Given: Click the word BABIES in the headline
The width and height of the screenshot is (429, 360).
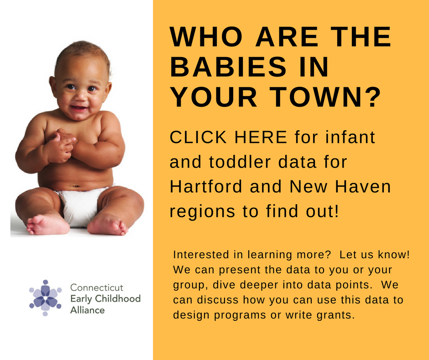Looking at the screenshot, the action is point(228,67).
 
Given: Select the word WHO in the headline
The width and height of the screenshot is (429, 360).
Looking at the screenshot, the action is point(206,37).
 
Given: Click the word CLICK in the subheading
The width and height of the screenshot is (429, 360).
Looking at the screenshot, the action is point(199,137).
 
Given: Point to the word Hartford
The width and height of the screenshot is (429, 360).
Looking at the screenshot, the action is point(206,186).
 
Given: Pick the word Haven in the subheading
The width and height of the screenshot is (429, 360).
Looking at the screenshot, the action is point(363,186).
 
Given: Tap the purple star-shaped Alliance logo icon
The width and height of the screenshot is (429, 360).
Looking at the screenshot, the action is point(46,298).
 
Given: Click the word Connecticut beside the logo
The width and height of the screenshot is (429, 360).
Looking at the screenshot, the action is point(97,287).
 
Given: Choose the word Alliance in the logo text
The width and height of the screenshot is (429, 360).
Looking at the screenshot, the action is point(87,310).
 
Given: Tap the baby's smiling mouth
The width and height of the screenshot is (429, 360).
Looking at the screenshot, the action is point(79,108).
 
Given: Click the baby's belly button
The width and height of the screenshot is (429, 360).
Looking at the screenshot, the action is point(76,186).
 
